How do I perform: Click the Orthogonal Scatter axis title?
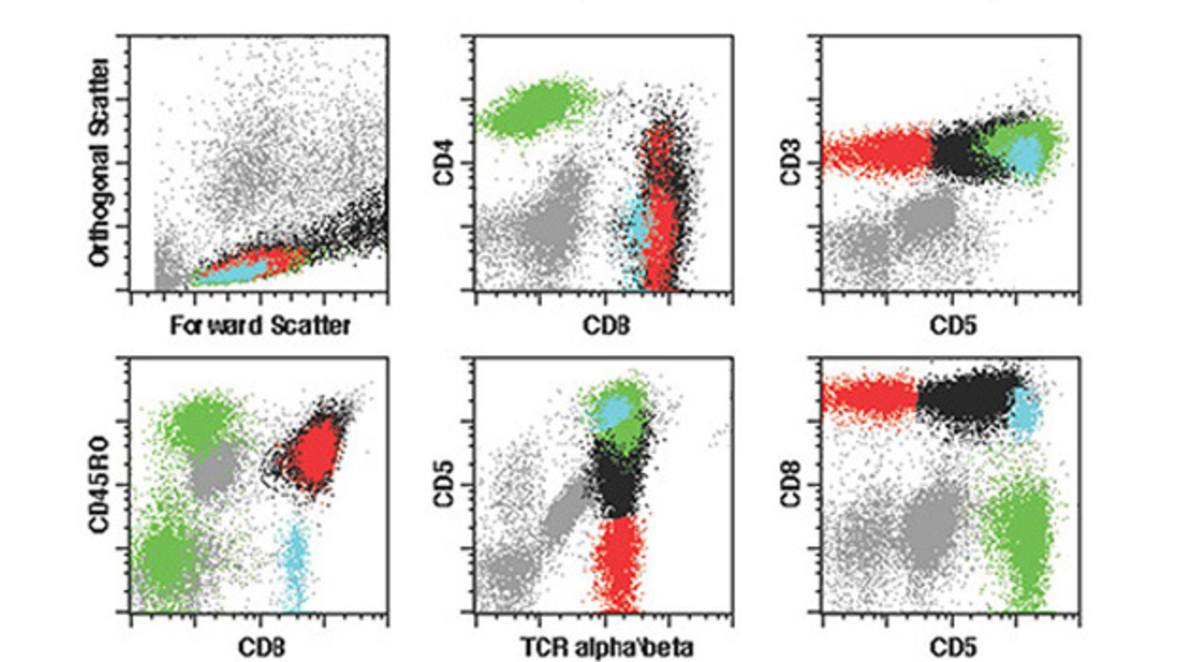coord(100,163)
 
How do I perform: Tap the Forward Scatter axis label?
coord(260,326)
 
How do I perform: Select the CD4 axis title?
coord(444,163)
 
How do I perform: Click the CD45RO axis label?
coord(100,485)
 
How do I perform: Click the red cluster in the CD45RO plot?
coord(315,452)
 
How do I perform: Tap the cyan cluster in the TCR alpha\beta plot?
coord(613,411)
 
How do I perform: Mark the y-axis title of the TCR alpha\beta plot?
coord(444,485)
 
